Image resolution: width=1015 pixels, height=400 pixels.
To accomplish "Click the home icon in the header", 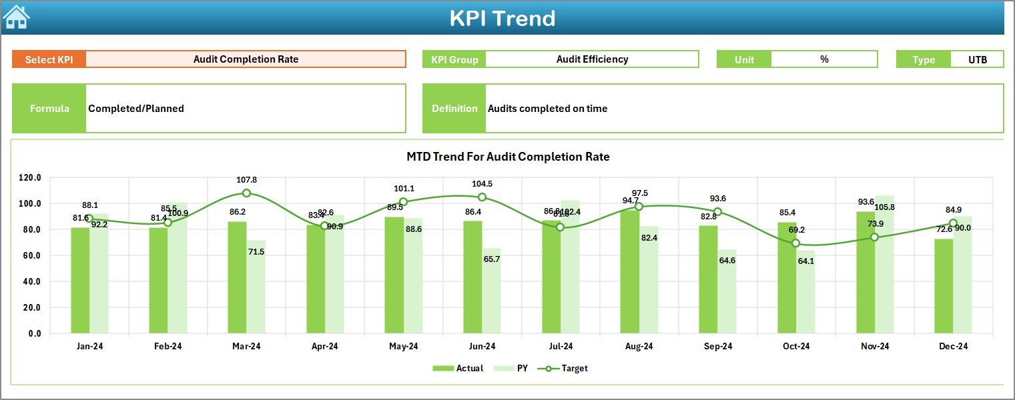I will tap(17, 17).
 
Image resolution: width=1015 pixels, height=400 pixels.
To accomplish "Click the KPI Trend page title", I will tap(502, 18).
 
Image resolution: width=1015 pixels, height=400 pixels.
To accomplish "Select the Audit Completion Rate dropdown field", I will tap(246, 59).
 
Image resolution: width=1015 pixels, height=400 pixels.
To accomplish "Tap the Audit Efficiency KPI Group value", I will tap(592, 59).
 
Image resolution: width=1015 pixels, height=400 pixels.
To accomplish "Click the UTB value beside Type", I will tap(977, 59).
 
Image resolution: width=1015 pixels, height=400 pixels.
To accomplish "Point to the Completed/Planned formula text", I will tap(136, 109).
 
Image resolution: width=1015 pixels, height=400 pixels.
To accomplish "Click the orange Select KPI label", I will tap(49, 59).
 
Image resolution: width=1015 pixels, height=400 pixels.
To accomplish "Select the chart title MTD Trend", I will tap(508, 157).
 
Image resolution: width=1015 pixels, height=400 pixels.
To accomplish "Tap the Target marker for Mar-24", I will tap(246, 193).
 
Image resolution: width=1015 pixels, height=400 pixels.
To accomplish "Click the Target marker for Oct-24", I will tap(795, 243).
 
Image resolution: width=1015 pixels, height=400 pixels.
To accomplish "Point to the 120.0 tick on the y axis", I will tap(30, 178).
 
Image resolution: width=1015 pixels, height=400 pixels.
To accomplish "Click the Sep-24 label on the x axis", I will tap(717, 346).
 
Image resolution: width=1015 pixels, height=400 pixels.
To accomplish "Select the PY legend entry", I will tap(517, 368).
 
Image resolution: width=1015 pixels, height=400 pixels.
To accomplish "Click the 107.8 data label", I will tap(246, 180).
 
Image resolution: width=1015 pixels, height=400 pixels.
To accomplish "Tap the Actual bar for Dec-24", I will tap(944, 286).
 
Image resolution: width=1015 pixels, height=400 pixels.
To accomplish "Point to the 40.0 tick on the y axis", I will tap(30, 281).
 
